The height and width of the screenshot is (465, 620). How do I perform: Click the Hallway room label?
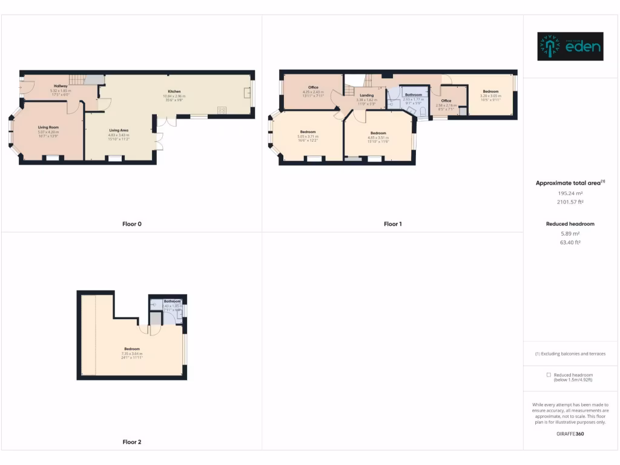[61, 86]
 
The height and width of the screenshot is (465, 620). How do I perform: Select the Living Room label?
[48, 127]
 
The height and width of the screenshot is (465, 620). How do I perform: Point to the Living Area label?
[119, 130]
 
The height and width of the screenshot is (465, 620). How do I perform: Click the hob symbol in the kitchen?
[222, 110]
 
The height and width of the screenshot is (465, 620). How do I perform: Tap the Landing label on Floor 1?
[366, 95]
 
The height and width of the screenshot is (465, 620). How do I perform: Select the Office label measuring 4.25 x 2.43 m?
[313, 88]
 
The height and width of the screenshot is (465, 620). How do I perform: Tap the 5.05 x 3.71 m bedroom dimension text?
[308, 137]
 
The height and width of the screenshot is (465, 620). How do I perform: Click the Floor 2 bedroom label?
[132, 349]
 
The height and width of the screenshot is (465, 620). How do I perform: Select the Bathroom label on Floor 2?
[172, 301]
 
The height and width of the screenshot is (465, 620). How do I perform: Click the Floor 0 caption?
[131, 224]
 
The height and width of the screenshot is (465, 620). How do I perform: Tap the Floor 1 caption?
[392, 224]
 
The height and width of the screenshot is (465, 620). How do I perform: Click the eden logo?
[570, 47]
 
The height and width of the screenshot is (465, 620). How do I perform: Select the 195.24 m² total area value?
[570, 194]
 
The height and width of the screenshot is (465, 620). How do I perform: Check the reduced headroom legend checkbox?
[549, 375]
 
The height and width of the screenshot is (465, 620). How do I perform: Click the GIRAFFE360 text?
[570, 434]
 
